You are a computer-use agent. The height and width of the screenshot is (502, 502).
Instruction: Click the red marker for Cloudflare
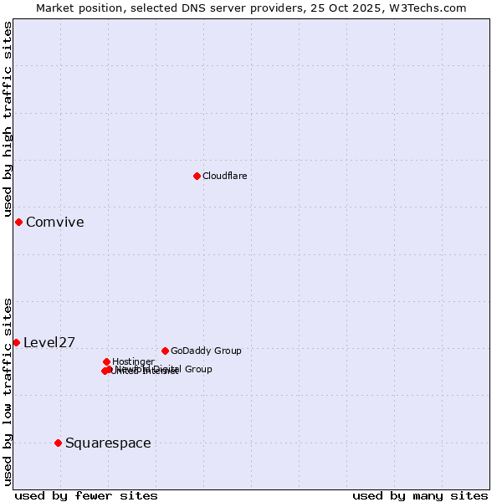pos(197,176)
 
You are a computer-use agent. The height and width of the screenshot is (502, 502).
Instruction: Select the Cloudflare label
pos(224,176)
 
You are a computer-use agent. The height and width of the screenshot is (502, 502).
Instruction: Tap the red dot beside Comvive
pos(18,222)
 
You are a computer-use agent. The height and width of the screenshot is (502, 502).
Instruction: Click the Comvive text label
pos(54,222)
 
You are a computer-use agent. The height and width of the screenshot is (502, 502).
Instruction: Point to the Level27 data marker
pos(16,342)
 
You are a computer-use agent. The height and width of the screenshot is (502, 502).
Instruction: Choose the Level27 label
pos(49,342)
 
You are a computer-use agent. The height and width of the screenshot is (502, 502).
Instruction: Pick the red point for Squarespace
pos(58,443)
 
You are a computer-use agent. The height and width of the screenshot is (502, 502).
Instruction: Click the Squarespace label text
pos(108,443)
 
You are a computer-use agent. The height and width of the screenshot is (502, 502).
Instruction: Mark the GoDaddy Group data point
pos(165,351)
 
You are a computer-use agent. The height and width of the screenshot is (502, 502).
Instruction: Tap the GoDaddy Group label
pos(206,351)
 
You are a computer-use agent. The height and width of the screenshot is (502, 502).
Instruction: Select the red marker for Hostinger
pos(106,361)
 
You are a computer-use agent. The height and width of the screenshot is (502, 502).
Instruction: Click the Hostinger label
pos(133,361)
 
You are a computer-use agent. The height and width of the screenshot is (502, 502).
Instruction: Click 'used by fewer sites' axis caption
pos(86,495)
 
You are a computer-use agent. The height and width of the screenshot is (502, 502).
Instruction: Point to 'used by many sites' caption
pos(420,495)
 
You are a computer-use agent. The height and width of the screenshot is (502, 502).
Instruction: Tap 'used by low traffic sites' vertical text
pos(8,391)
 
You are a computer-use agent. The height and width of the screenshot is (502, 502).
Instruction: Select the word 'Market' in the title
pos(54,8)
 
